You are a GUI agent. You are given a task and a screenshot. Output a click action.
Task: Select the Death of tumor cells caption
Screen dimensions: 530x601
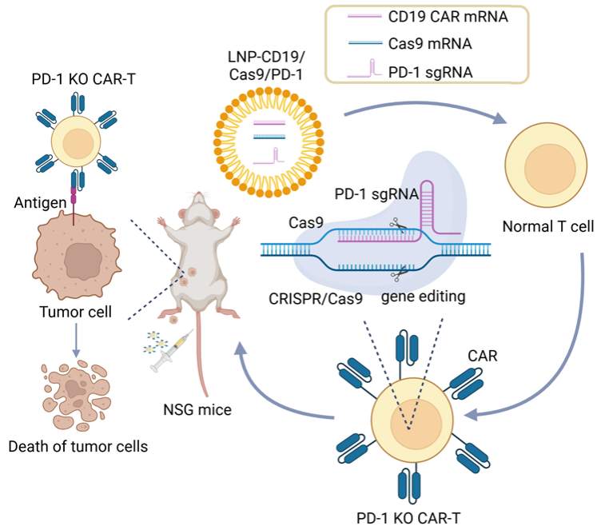[x=78, y=446]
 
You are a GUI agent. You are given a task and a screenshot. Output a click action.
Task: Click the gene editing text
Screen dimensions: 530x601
[x=423, y=297]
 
